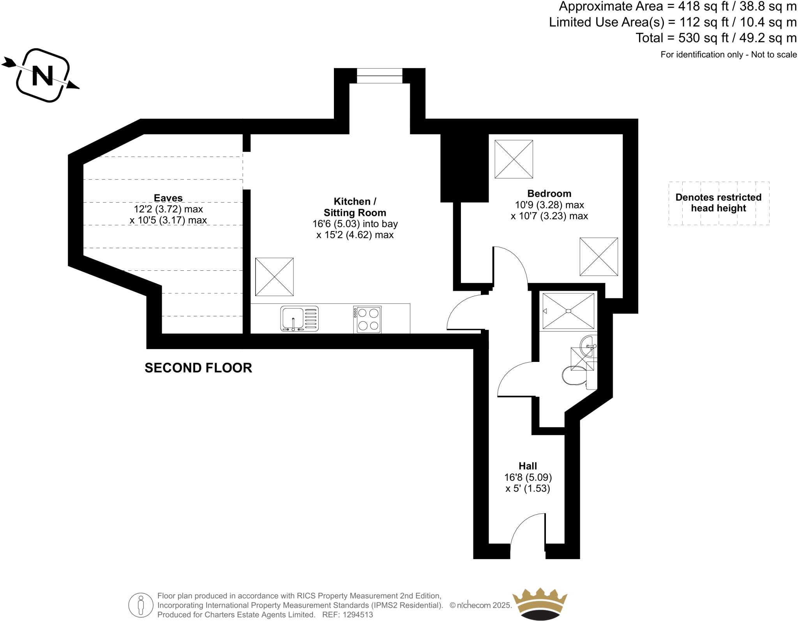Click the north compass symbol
(42, 75)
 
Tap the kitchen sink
(299, 319)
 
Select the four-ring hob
(367, 319)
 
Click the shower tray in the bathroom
(568, 310)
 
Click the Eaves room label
(168, 198)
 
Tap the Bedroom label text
(549, 194)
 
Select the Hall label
(528, 466)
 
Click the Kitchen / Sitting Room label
(355, 207)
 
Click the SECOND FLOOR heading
(198, 368)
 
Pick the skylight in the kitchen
(274, 277)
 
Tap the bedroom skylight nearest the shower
(598, 257)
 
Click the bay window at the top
(380, 76)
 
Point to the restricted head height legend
(719, 203)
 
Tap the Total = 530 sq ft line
(716, 38)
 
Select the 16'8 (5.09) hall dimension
(528, 477)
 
